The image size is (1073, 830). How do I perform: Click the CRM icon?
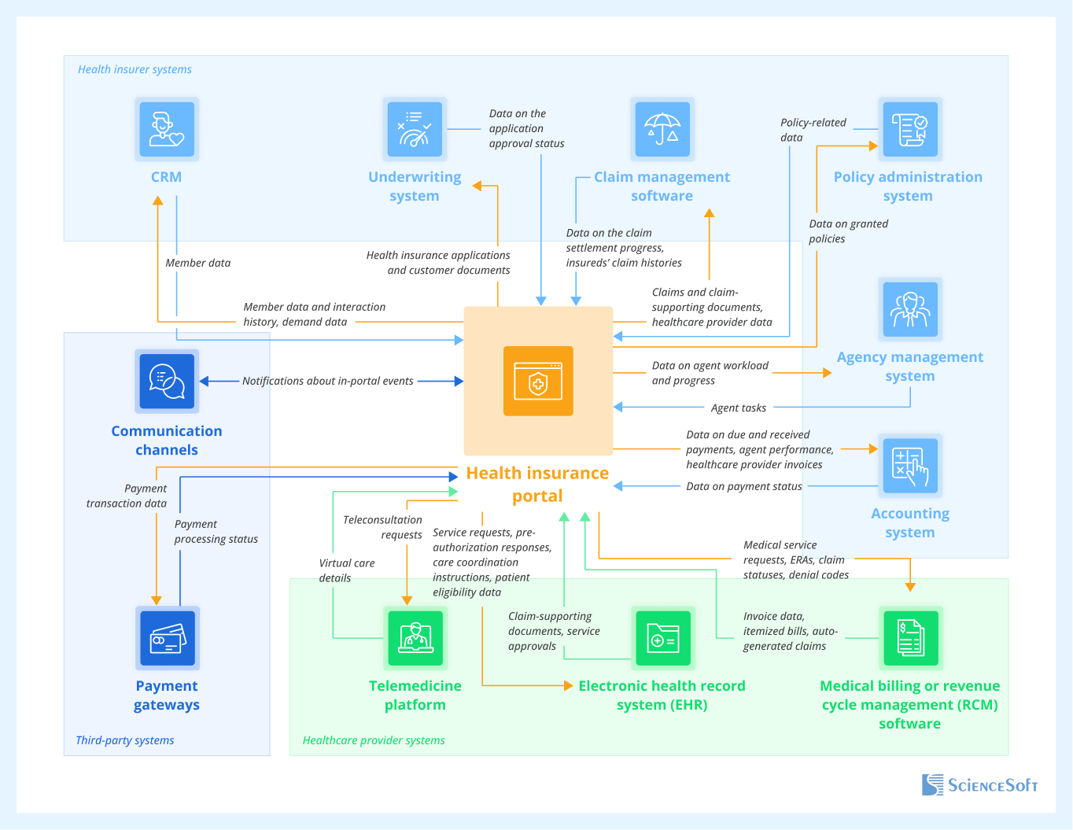coord(167,129)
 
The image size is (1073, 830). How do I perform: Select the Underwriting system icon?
coord(415,129)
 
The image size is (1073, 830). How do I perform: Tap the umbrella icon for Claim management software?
coord(662,129)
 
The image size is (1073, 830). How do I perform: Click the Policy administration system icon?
coord(909,129)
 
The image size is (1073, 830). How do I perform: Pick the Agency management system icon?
coord(910,309)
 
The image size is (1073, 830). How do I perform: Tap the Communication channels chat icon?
coord(167,382)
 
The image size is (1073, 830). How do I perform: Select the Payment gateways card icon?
coord(167,638)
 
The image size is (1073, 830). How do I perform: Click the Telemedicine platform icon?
coord(415,638)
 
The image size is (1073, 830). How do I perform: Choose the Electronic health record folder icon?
coord(662,638)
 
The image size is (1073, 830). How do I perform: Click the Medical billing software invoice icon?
coord(910,638)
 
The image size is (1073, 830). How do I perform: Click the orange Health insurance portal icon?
coord(538,381)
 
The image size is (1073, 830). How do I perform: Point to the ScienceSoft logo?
coord(979,785)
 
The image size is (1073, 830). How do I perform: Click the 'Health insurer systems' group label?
coord(135,69)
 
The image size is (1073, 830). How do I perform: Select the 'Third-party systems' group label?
coord(125,740)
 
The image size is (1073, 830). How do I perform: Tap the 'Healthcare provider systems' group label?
coord(374,740)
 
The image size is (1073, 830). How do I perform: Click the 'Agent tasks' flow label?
coord(738,408)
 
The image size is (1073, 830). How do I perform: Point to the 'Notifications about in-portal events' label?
coord(327,381)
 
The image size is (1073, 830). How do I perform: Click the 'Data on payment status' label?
coord(743,486)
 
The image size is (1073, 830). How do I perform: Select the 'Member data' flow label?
coord(197,263)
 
